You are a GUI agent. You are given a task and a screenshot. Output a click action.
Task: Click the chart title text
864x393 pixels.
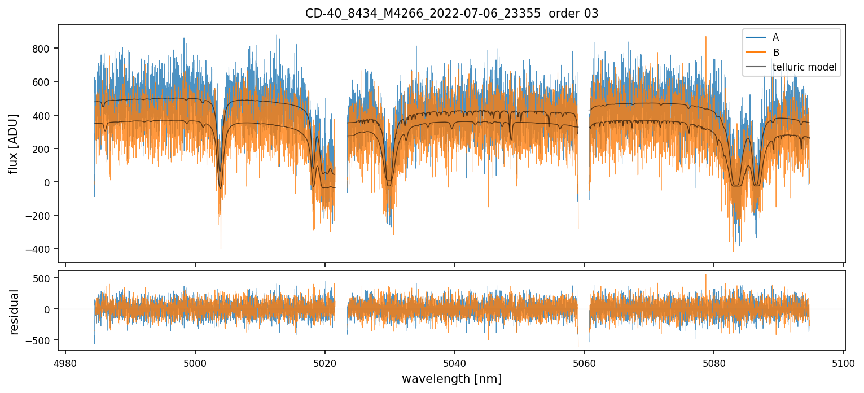(x=451, y=14)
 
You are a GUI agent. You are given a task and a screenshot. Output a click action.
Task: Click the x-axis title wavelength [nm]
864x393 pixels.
(x=451, y=378)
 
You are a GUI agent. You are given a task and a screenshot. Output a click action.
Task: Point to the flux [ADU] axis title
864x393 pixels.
(x=14, y=143)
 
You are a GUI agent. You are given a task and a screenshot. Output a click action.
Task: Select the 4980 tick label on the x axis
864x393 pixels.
(x=65, y=363)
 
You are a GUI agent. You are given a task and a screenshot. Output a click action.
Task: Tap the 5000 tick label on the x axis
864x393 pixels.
(x=195, y=363)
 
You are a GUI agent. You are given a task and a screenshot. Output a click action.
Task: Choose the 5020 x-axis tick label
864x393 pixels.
(x=325, y=363)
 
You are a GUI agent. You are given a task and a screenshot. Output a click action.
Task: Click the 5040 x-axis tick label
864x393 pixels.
(x=455, y=363)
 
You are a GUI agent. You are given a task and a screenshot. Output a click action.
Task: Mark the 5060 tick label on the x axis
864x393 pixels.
(x=584, y=363)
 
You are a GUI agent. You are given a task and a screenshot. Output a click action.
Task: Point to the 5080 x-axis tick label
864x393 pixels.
(x=714, y=363)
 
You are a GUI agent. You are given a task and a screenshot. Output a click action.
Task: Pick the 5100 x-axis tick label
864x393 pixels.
(x=844, y=363)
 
